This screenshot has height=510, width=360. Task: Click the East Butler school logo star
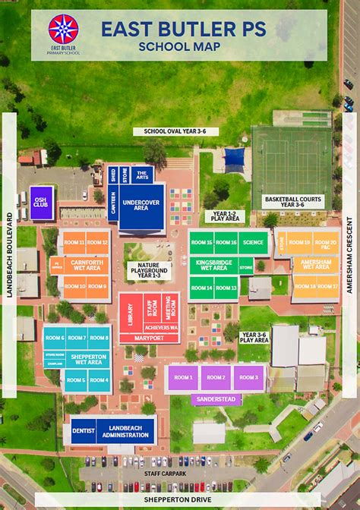click(63, 28)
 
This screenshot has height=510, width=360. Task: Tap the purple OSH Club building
click(41, 203)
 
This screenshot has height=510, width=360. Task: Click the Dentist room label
click(83, 431)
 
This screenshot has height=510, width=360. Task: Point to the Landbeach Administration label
click(125, 431)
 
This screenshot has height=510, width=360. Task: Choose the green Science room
click(253, 243)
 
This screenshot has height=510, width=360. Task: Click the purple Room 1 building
click(183, 377)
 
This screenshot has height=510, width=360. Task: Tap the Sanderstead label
click(216, 398)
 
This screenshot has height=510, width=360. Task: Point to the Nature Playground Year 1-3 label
click(149, 270)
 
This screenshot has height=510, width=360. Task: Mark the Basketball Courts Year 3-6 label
click(293, 201)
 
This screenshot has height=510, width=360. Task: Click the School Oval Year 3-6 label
click(175, 131)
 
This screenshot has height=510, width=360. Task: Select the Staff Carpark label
click(164, 473)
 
